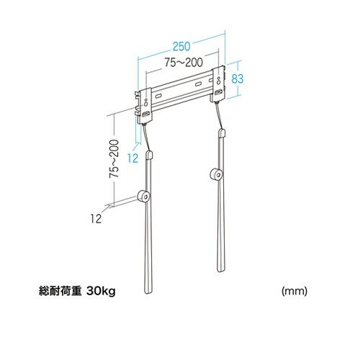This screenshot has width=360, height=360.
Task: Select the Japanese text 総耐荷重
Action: [59, 292]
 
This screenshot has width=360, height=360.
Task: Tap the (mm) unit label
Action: [294, 292]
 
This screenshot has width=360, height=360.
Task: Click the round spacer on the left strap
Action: [144, 197]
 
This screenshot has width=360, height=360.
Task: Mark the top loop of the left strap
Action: [149, 154]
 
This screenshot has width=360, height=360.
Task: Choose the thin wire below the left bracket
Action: [147, 137]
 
